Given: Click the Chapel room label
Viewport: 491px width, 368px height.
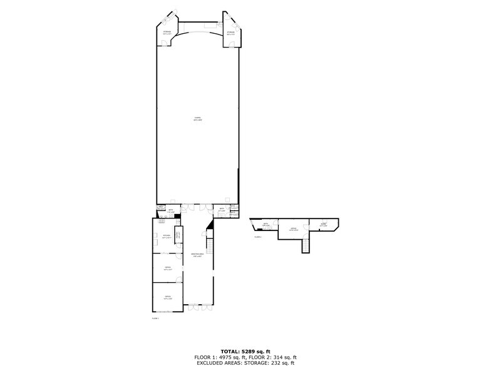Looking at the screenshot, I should pos(197,119).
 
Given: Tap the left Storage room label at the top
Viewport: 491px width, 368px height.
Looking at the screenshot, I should pos(167,33).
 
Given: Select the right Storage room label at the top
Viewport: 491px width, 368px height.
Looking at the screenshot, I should pos(230,33).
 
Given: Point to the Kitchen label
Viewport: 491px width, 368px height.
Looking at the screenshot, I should pos(167,238).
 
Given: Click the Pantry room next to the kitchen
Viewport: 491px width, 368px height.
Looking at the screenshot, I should pos(178,235).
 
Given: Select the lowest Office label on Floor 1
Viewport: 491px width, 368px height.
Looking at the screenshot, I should pos(167,297).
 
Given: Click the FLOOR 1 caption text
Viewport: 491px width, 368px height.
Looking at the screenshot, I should pos(155,319).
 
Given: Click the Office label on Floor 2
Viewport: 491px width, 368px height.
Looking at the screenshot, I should pos(293,229).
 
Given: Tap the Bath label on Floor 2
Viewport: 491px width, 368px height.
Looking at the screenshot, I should pos(266,225).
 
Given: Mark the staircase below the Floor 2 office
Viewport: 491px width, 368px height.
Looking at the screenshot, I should pos(306,246).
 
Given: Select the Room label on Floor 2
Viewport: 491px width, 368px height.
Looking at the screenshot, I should pos(323,224).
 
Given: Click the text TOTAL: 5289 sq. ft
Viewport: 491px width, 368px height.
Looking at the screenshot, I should pos(246,351).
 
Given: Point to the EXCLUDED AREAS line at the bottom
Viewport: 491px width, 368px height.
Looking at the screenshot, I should pos(246,363).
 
